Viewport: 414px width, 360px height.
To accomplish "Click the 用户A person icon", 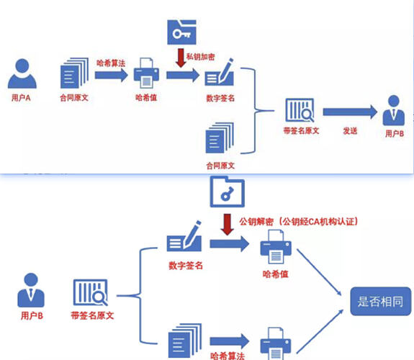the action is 22,73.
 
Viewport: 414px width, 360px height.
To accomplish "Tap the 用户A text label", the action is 21,98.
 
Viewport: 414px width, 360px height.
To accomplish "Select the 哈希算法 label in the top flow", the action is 111,63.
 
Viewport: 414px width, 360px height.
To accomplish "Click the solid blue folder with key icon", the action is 181,32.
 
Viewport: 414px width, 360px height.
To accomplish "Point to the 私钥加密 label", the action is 201,57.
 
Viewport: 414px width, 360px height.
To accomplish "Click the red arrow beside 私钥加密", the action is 181,58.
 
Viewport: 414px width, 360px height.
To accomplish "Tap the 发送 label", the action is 350,131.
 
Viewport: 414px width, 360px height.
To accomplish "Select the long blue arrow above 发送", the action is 350,112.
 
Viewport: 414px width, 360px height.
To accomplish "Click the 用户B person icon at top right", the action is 394,110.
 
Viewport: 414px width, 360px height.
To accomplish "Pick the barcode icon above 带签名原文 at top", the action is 300,110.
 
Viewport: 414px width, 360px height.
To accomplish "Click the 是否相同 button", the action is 381,302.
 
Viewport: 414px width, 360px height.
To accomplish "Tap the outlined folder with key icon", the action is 228,192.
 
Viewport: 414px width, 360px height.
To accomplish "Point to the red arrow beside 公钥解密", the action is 228,225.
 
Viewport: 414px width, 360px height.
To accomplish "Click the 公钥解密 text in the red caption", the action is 256,222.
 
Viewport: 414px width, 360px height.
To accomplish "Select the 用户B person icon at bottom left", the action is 31,290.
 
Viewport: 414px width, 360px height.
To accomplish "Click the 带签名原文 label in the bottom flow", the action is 92,315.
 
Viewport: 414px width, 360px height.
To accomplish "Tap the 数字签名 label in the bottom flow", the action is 186,266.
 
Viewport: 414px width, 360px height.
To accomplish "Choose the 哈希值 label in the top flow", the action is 146,98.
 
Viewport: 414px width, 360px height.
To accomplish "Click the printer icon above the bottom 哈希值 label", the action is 276,247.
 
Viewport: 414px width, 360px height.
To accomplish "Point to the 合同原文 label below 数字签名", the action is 220,166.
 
